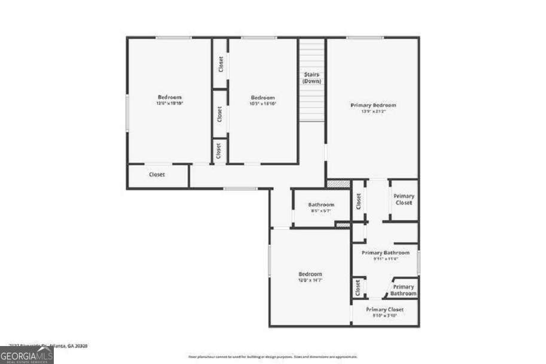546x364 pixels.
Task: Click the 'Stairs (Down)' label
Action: pyautogui.click(x=312, y=77)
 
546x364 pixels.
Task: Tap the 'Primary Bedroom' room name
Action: pyautogui.click(x=373, y=105)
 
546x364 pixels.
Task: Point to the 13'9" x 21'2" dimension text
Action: pyautogui.click(x=373, y=111)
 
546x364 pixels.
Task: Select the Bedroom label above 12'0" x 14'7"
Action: pyautogui.click(x=310, y=274)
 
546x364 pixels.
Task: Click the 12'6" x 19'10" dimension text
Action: pyautogui.click(x=170, y=103)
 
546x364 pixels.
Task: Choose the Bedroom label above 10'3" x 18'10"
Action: pyautogui.click(x=263, y=98)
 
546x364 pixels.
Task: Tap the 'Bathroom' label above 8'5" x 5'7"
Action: pyautogui.click(x=321, y=205)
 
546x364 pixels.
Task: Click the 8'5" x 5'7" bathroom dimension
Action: pyautogui.click(x=321, y=211)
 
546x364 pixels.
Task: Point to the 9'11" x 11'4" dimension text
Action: pyautogui.click(x=386, y=259)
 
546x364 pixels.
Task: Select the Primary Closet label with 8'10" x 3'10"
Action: pyautogui.click(x=385, y=310)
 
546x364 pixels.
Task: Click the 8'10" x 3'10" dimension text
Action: pyautogui.click(x=385, y=316)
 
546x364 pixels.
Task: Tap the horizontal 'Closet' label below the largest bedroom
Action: pyautogui.click(x=157, y=175)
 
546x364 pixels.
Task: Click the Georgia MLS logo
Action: pyautogui.click(x=27, y=354)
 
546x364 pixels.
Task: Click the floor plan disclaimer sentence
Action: pyautogui.click(x=273, y=357)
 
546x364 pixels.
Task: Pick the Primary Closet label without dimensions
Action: pyautogui.click(x=404, y=199)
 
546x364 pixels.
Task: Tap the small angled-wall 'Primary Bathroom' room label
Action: pyautogui.click(x=404, y=290)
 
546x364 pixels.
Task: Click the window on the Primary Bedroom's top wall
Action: pyautogui.click(x=365, y=38)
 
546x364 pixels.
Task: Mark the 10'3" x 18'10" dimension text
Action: pyautogui.click(x=263, y=104)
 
